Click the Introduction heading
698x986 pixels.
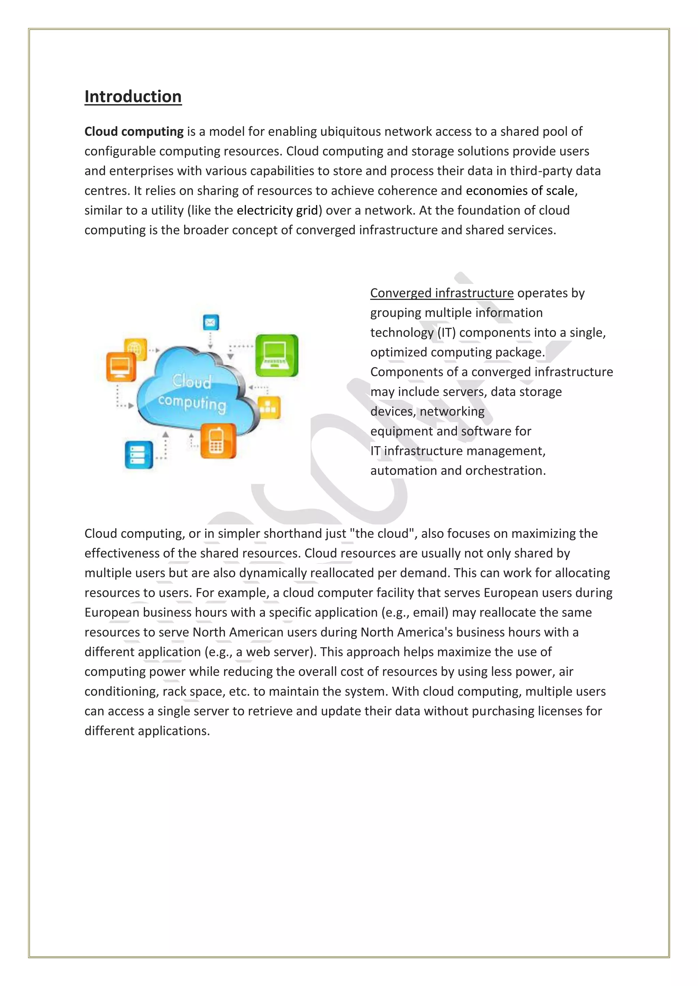tap(133, 97)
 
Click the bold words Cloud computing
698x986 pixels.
tap(134, 131)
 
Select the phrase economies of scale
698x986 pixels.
tap(520, 191)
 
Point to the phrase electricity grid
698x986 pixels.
tap(277, 210)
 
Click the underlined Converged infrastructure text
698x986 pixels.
tap(442, 293)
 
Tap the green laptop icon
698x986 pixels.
tap(276, 355)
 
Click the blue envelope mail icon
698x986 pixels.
tap(211, 322)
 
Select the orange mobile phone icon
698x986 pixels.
tap(218, 441)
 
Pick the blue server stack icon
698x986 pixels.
tap(139, 455)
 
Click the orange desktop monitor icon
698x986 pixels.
tap(121, 367)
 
